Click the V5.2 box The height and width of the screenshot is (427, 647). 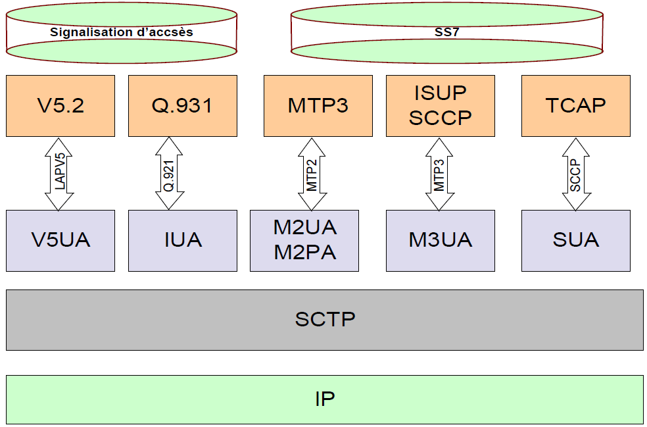pos(60,105)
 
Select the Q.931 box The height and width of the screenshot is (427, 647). pos(182,105)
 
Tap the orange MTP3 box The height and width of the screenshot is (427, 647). pos(318,105)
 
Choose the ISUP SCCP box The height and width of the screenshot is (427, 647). pos(440,105)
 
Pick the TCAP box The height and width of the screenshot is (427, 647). pos(575,105)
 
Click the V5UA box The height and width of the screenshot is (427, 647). pos(60,240)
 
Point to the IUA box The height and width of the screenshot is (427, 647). pos(182,240)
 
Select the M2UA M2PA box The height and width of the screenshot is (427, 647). pos(304,240)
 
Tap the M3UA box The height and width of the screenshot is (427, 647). pos(440,240)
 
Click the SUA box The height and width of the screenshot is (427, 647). pos(575,240)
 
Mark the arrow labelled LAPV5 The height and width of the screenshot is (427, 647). pos(59,174)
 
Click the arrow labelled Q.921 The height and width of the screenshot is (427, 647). pos(169,174)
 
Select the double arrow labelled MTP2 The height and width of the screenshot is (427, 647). pos(312,174)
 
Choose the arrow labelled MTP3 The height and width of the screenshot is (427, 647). pos(439,174)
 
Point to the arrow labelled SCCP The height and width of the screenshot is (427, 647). pos(575,174)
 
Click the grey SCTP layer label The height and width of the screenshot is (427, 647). pos(325,319)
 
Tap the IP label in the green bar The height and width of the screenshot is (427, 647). pos(325,399)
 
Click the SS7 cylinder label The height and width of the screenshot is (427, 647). pos(446,31)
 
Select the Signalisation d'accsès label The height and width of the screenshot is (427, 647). pos(122,31)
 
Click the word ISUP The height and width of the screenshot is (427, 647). pos(440,93)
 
